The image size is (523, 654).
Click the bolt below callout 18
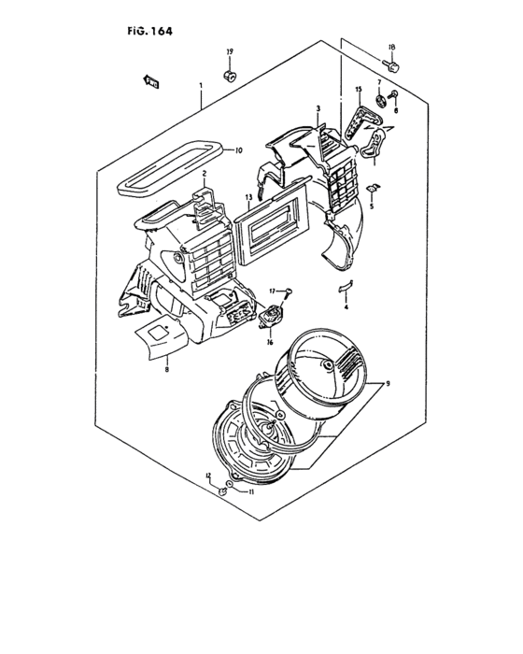(393, 64)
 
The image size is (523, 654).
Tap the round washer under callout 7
(380, 99)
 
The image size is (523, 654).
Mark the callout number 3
(318, 109)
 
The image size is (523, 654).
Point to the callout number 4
(346, 306)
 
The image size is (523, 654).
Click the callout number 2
(204, 174)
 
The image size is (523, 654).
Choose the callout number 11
(250, 491)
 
